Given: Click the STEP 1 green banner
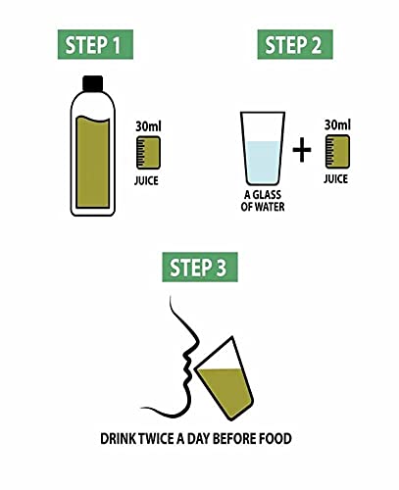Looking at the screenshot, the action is pyautogui.click(x=95, y=44).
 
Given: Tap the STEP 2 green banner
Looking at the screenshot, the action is pyautogui.click(x=295, y=44).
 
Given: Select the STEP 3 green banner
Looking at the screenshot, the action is pyautogui.click(x=200, y=267).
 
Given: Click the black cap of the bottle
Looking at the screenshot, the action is pyautogui.click(x=93, y=83).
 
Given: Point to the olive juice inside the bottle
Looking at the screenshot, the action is pyautogui.click(x=93, y=162).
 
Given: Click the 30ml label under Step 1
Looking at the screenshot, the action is pyautogui.click(x=148, y=126).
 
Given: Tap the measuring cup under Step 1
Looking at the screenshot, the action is pyautogui.click(x=148, y=153).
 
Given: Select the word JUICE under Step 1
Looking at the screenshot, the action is pyautogui.click(x=146, y=180).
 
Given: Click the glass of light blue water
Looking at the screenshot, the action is pyautogui.click(x=263, y=149).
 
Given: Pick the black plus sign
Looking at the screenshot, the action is pyautogui.click(x=302, y=150).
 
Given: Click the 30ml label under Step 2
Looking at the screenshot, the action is pyautogui.click(x=337, y=124).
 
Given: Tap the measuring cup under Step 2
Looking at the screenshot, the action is pyautogui.click(x=337, y=152).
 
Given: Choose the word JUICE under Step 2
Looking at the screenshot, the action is pyautogui.click(x=336, y=179).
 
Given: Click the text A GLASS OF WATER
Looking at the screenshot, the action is pyautogui.click(x=263, y=201).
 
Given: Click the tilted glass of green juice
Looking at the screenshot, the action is pyautogui.click(x=224, y=378).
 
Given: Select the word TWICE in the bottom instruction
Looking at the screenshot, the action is pyautogui.click(x=156, y=439).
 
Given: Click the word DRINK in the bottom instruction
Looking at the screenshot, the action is pyautogui.click(x=118, y=439).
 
